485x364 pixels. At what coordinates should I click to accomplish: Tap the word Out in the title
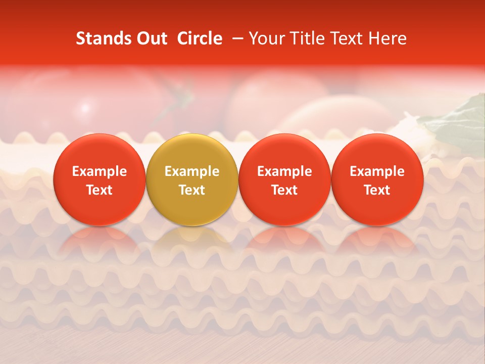150,38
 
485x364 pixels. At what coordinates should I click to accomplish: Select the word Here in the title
389,38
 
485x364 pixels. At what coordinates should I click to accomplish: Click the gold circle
192,179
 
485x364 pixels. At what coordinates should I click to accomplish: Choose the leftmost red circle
100,179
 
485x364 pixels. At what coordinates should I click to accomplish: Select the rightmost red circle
377,179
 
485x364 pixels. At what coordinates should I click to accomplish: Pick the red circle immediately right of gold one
284,179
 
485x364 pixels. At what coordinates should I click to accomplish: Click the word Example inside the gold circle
192,171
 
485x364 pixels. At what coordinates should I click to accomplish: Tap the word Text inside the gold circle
192,190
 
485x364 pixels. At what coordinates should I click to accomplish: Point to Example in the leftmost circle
100,171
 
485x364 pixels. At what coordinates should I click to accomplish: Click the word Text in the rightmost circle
377,190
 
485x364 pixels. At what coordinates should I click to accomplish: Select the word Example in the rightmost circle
377,171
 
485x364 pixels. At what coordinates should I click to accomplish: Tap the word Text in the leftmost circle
100,190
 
